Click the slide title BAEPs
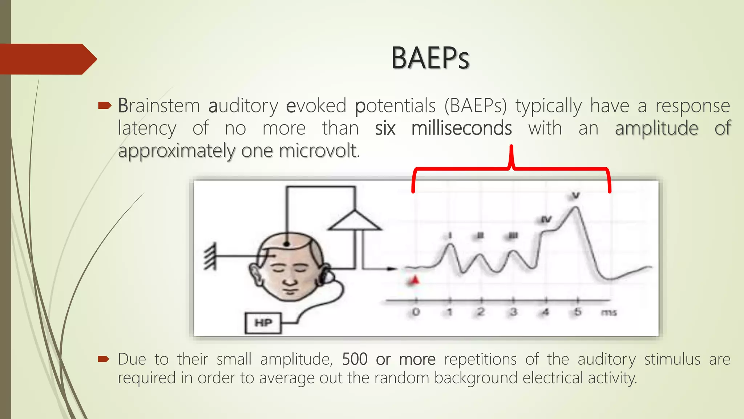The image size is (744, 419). [x=430, y=58]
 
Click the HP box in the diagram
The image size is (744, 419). [x=263, y=323]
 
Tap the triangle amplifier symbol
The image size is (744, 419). [x=355, y=222]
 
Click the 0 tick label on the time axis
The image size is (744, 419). [x=416, y=312]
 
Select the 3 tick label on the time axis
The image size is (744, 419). [x=513, y=312]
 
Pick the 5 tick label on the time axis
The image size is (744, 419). [x=578, y=312]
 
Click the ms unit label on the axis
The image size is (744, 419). [x=609, y=312]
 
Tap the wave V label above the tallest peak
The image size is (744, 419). [x=576, y=196]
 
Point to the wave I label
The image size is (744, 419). [x=450, y=236]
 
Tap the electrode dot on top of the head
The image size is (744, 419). [x=287, y=244]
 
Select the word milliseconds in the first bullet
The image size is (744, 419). [x=461, y=128]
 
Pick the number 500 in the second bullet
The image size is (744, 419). [x=355, y=359]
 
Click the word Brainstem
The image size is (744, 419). [x=159, y=106]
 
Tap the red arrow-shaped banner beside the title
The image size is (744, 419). [x=47, y=59]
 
